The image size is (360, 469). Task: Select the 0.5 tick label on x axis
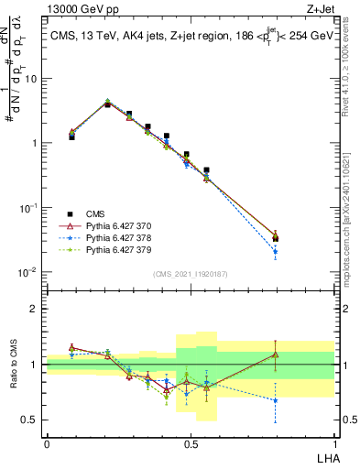click(190, 444)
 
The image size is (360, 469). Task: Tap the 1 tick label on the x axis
click(334, 444)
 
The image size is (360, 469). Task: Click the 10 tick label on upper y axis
click(30, 79)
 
